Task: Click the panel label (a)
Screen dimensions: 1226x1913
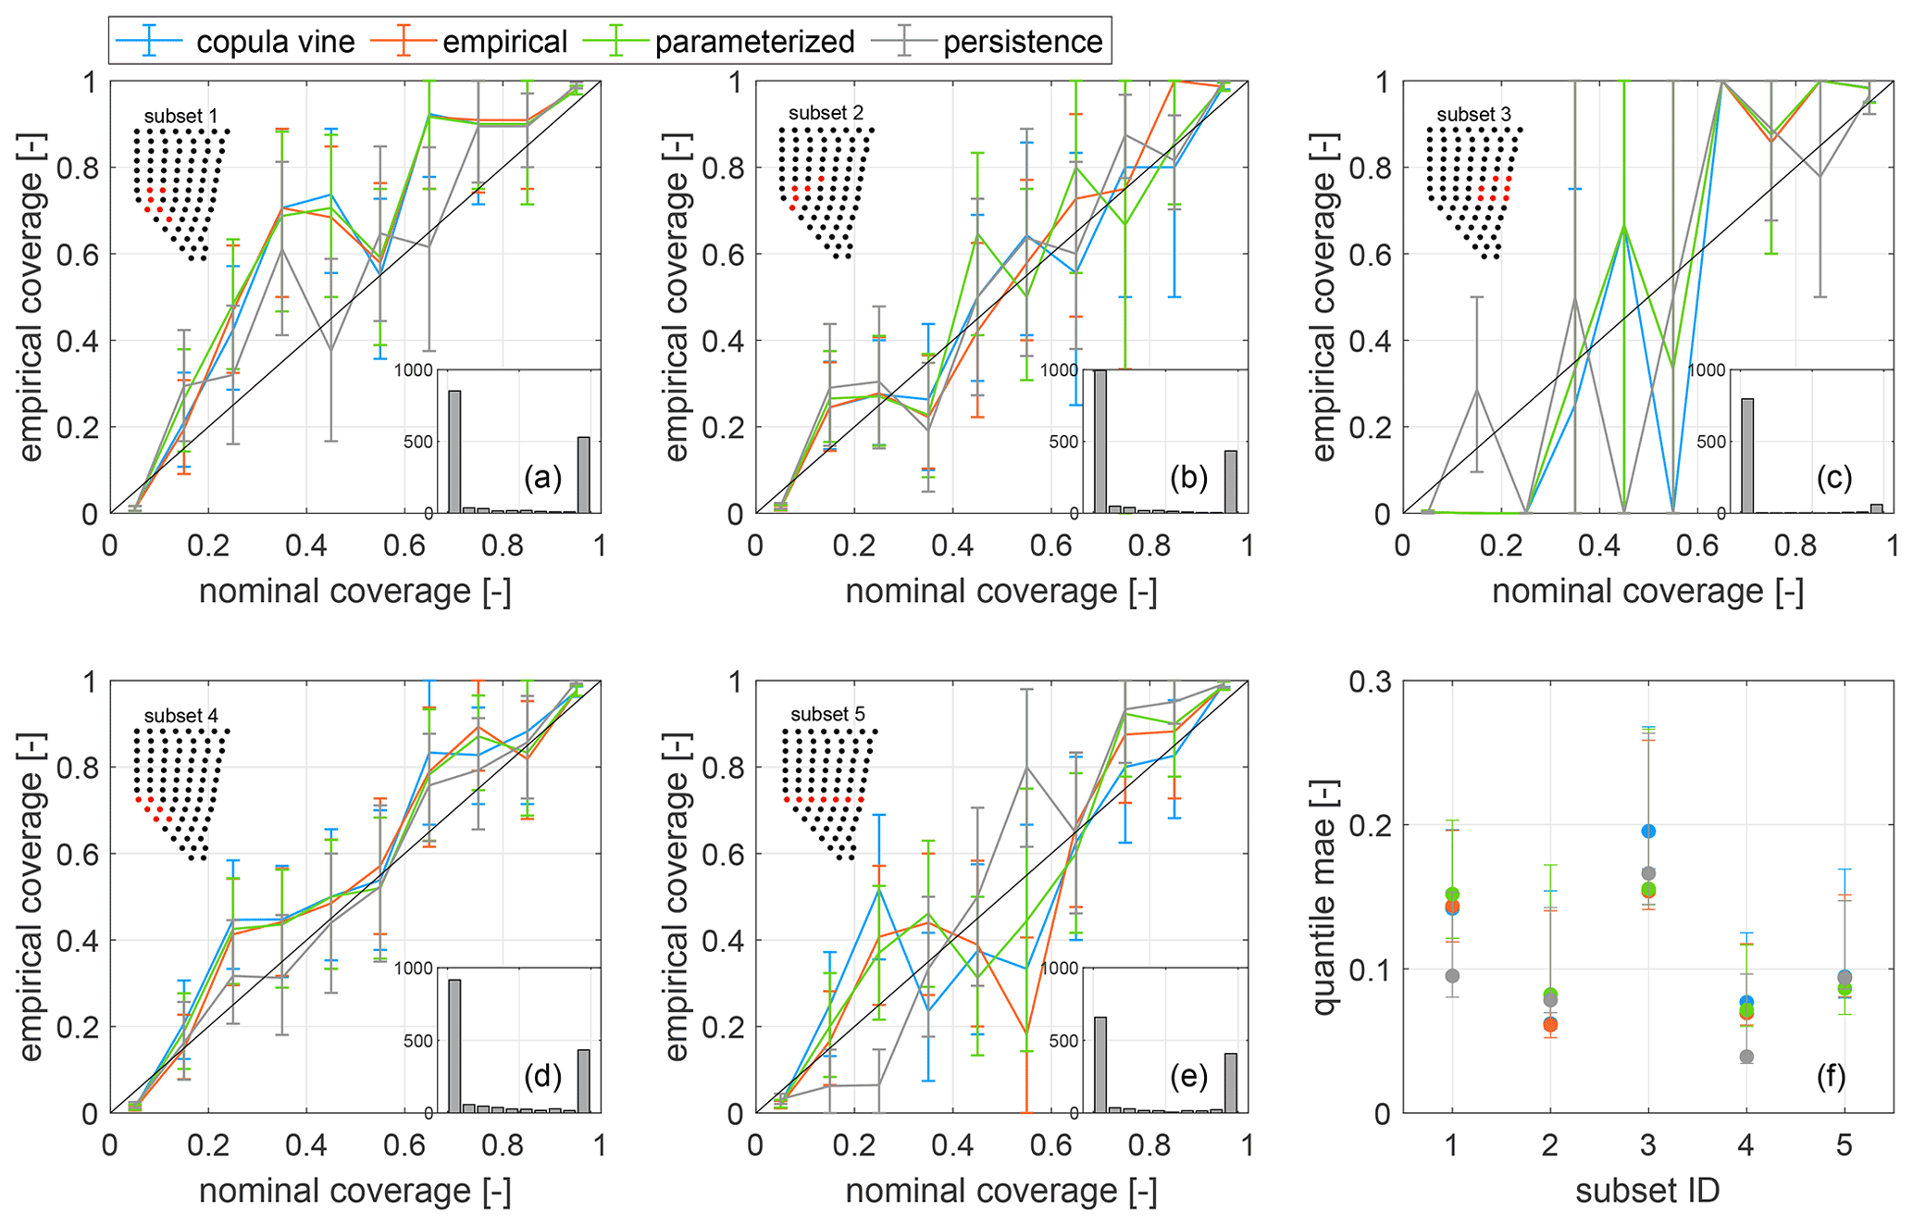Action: [x=542, y=478]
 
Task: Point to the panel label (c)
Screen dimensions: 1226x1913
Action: [x=1834, y=478]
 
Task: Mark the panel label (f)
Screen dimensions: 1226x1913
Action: [x=1832, y=1076]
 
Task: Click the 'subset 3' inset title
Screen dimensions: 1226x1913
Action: [x=1474, y=116]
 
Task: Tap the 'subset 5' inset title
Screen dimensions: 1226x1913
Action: [x=827, y=715]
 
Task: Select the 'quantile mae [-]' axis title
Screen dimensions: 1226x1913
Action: [x=1325, y=896]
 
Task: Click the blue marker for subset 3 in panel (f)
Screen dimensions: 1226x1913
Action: [x=1648, y=832]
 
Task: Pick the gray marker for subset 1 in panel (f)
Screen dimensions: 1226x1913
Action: [x=1452, y=976]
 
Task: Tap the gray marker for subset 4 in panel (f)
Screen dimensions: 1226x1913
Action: [x=1746, y=1057]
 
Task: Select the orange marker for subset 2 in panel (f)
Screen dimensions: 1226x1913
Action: [x=1550, y=1024]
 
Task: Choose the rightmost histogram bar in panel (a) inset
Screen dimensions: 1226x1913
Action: [x=584, y=475]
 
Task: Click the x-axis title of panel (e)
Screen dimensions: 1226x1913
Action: [x=1001, y=1191]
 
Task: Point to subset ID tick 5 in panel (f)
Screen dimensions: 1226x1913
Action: [x=1845, y=1146]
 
